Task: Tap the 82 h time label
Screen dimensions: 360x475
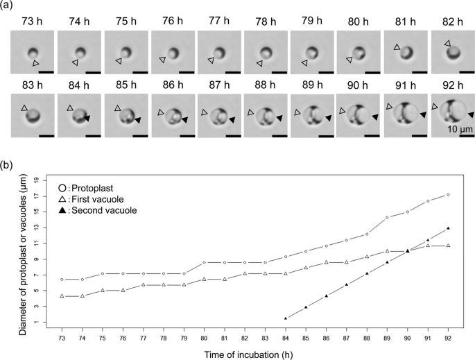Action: coord(454,22)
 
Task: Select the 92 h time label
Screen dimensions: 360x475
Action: coord(454,87)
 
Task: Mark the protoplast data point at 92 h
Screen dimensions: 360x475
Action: coord(449,195)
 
